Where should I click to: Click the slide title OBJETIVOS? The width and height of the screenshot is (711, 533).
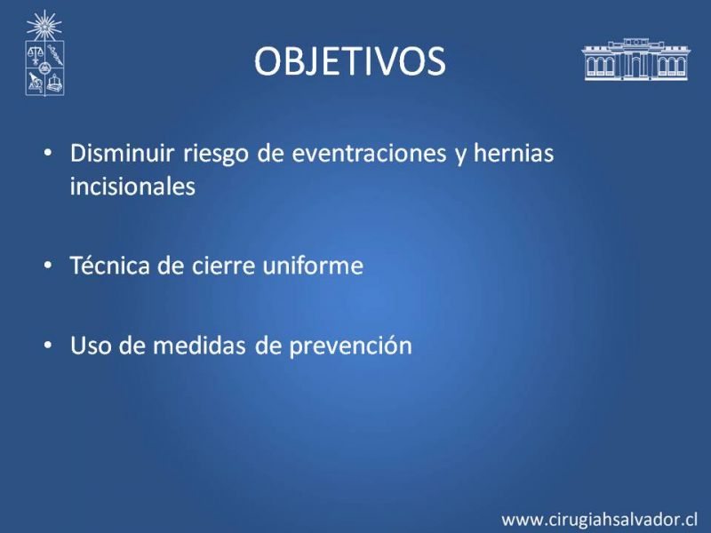350,61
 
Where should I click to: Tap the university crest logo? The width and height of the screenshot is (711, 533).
44,53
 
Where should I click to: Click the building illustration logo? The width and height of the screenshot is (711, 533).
635,60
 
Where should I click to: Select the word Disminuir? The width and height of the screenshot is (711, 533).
122,153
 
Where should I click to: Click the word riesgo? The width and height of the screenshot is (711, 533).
216,155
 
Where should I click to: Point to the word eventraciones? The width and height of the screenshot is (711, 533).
369,153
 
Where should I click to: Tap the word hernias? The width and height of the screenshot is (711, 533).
514,153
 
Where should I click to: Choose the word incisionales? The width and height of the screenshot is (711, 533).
132,186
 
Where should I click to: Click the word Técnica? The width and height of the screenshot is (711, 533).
110,265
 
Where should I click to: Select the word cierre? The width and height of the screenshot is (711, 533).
223,266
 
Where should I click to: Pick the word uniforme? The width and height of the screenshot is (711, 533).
313,266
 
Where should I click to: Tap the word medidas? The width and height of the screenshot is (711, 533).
199,346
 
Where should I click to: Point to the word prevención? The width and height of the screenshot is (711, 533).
351,346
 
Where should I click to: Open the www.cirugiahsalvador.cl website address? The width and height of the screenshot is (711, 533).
599,519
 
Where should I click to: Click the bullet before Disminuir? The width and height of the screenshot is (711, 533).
48,153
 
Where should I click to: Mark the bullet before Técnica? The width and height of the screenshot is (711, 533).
48,265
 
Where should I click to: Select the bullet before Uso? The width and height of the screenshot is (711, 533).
48,346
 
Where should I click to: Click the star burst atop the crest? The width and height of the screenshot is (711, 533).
44,26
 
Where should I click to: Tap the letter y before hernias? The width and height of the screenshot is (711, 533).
460,155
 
